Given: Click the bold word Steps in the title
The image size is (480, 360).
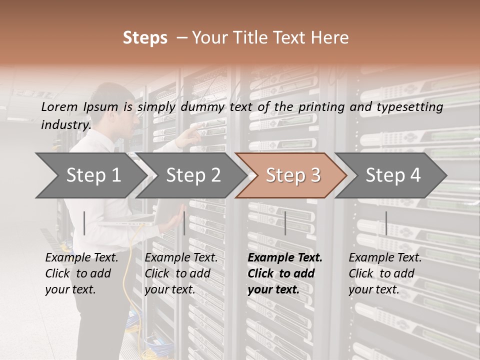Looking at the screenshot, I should [145, 38].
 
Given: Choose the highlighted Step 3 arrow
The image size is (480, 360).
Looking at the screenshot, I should [293, 175].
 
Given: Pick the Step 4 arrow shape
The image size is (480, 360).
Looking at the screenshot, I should [393, 175].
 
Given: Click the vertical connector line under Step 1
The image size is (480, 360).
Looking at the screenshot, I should [84, 223].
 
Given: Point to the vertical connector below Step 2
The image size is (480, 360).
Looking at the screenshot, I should [184, 223].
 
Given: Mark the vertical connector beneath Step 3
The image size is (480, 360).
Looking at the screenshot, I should [285, 223].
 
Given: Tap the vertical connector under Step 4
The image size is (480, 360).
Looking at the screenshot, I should [386, 223].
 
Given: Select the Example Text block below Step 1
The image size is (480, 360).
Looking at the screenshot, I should [81, 273].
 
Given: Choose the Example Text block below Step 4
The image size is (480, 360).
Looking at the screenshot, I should [385, 273].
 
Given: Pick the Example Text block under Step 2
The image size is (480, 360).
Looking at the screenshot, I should [181, 273].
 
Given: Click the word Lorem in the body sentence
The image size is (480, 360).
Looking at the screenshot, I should [59, 106].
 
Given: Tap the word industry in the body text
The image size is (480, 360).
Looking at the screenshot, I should [65, 124].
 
